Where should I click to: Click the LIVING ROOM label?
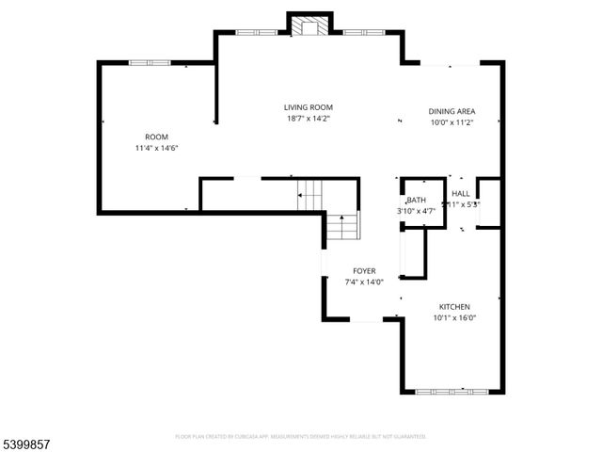coord(309,107)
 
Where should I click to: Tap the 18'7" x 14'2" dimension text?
coord(309,119)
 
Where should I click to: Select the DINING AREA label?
coord(451,111)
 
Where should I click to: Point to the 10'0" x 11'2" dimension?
coord(451,122)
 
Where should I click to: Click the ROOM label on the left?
coord(156,137)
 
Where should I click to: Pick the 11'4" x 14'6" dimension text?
coord(156,148)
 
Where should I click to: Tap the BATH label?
coord(416,201)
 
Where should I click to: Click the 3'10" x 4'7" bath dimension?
coord(416,211)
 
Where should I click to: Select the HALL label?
coord(460,193)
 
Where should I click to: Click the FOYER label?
coord(364,270)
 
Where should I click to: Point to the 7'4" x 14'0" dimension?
coord(364,282)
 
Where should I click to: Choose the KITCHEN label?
coord(454,307)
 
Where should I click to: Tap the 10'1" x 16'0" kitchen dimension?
coord(454,318)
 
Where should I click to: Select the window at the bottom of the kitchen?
coord(451,391)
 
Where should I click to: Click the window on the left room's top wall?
coord(150,63)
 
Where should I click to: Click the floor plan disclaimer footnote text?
coord(301,437)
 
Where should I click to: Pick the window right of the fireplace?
coord(361,33)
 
